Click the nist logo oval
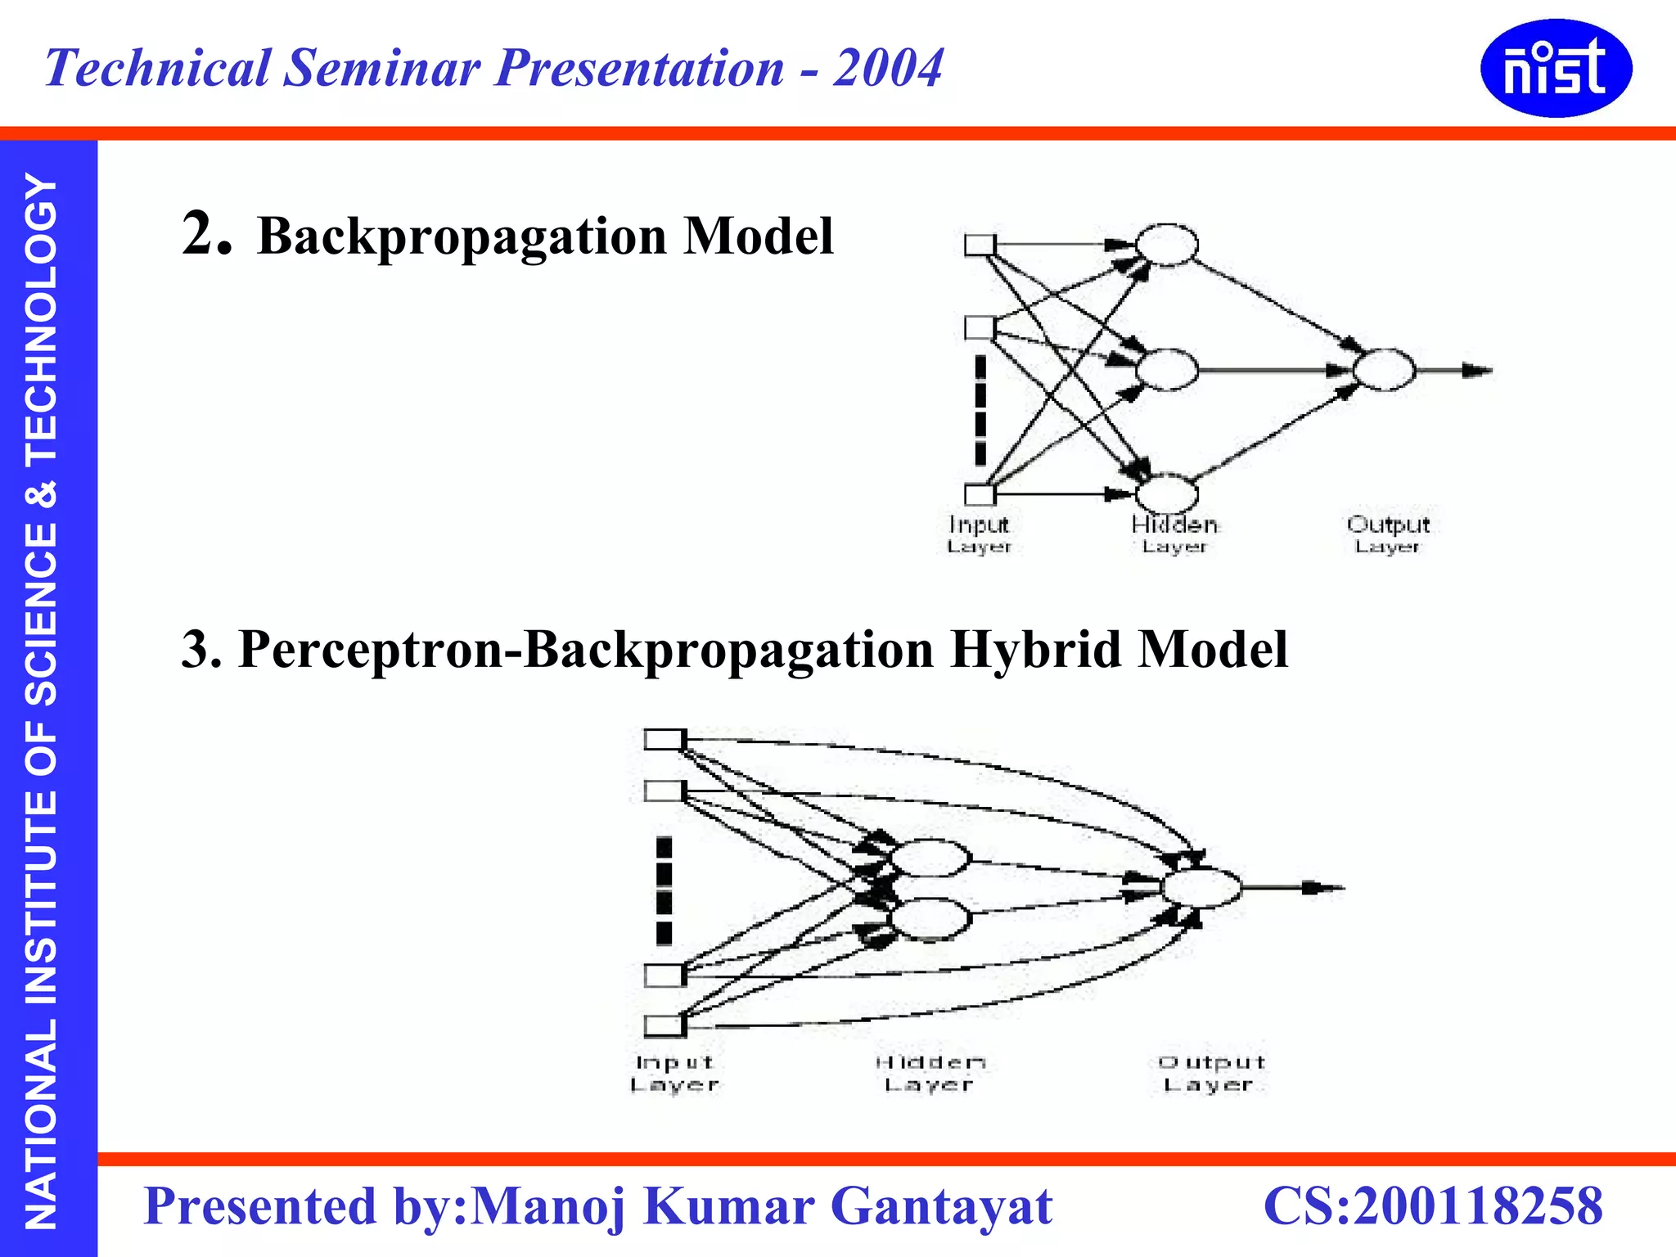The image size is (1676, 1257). click(x=1556, y=68)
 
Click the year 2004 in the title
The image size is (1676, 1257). click(x=888, y=68)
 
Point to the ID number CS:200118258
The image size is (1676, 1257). click(x=1433, y=1206)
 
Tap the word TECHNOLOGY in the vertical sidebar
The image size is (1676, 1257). click(x=41, y=319)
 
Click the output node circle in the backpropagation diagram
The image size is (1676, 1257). click(x=1383, y=370)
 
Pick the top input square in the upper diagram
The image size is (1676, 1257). click(x=980, y=245)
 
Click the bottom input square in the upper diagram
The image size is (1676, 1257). click(x=980, y=494)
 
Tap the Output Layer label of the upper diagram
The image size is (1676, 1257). click(x=1388, y=534)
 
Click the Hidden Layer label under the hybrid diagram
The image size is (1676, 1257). click(x=930, y=1073)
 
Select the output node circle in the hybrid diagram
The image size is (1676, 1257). click(x=1201, y=888)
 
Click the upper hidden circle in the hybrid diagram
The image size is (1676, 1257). click(x=930, y=858)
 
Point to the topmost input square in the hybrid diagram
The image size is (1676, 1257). click(x=664, y=740)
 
